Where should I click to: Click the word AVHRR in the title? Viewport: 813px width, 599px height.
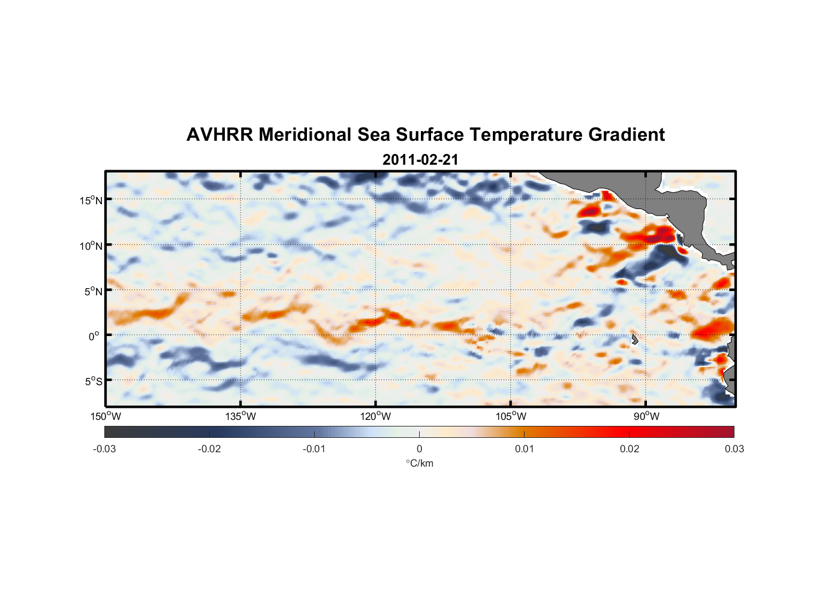[x=219, y=135]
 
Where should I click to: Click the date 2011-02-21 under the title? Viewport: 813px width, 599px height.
[x=420, y=160]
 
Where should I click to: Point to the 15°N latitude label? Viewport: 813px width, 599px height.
[x=91, y=200]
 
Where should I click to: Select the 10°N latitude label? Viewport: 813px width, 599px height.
[x=91, y=246]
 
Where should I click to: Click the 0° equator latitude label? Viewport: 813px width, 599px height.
[x=94, y=336]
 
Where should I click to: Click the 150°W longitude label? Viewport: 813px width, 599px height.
[x=106, y=416]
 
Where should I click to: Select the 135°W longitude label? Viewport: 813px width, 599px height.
[x=240, y=416]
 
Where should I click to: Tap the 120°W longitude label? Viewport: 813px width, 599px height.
[x=375, y=416]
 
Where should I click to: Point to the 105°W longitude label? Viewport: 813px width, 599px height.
[x=511, y=416]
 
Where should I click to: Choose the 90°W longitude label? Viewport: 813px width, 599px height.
[x=646, y=416]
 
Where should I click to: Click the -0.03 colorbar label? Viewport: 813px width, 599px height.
[x=104, y=449]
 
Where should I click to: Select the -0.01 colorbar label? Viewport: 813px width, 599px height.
[x=314, y=449]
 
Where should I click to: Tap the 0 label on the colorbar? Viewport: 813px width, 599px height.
[x=419, y=449]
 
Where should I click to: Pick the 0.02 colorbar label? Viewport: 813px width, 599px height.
[x=630, y=449]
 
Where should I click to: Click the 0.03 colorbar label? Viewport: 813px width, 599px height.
[x=734, y=449]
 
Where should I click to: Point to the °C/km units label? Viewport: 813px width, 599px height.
[x=419, y=463]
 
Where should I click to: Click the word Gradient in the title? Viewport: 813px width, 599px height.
[x=626, y=135]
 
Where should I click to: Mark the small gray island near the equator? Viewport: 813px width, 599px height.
[x=634, y=339]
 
